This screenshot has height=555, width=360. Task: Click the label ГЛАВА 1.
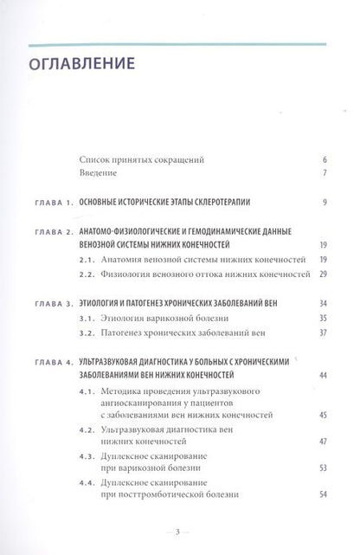coord(51,203)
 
